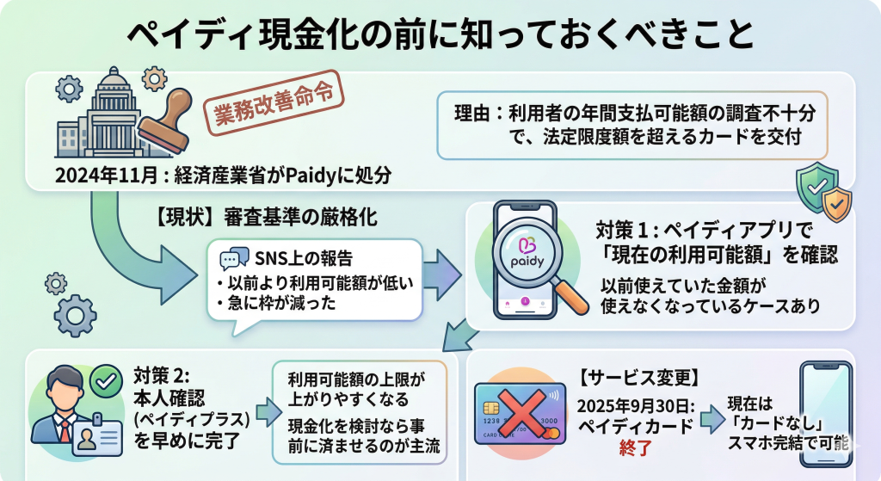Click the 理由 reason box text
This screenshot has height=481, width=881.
pyautogui.click(x=632, y=125)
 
